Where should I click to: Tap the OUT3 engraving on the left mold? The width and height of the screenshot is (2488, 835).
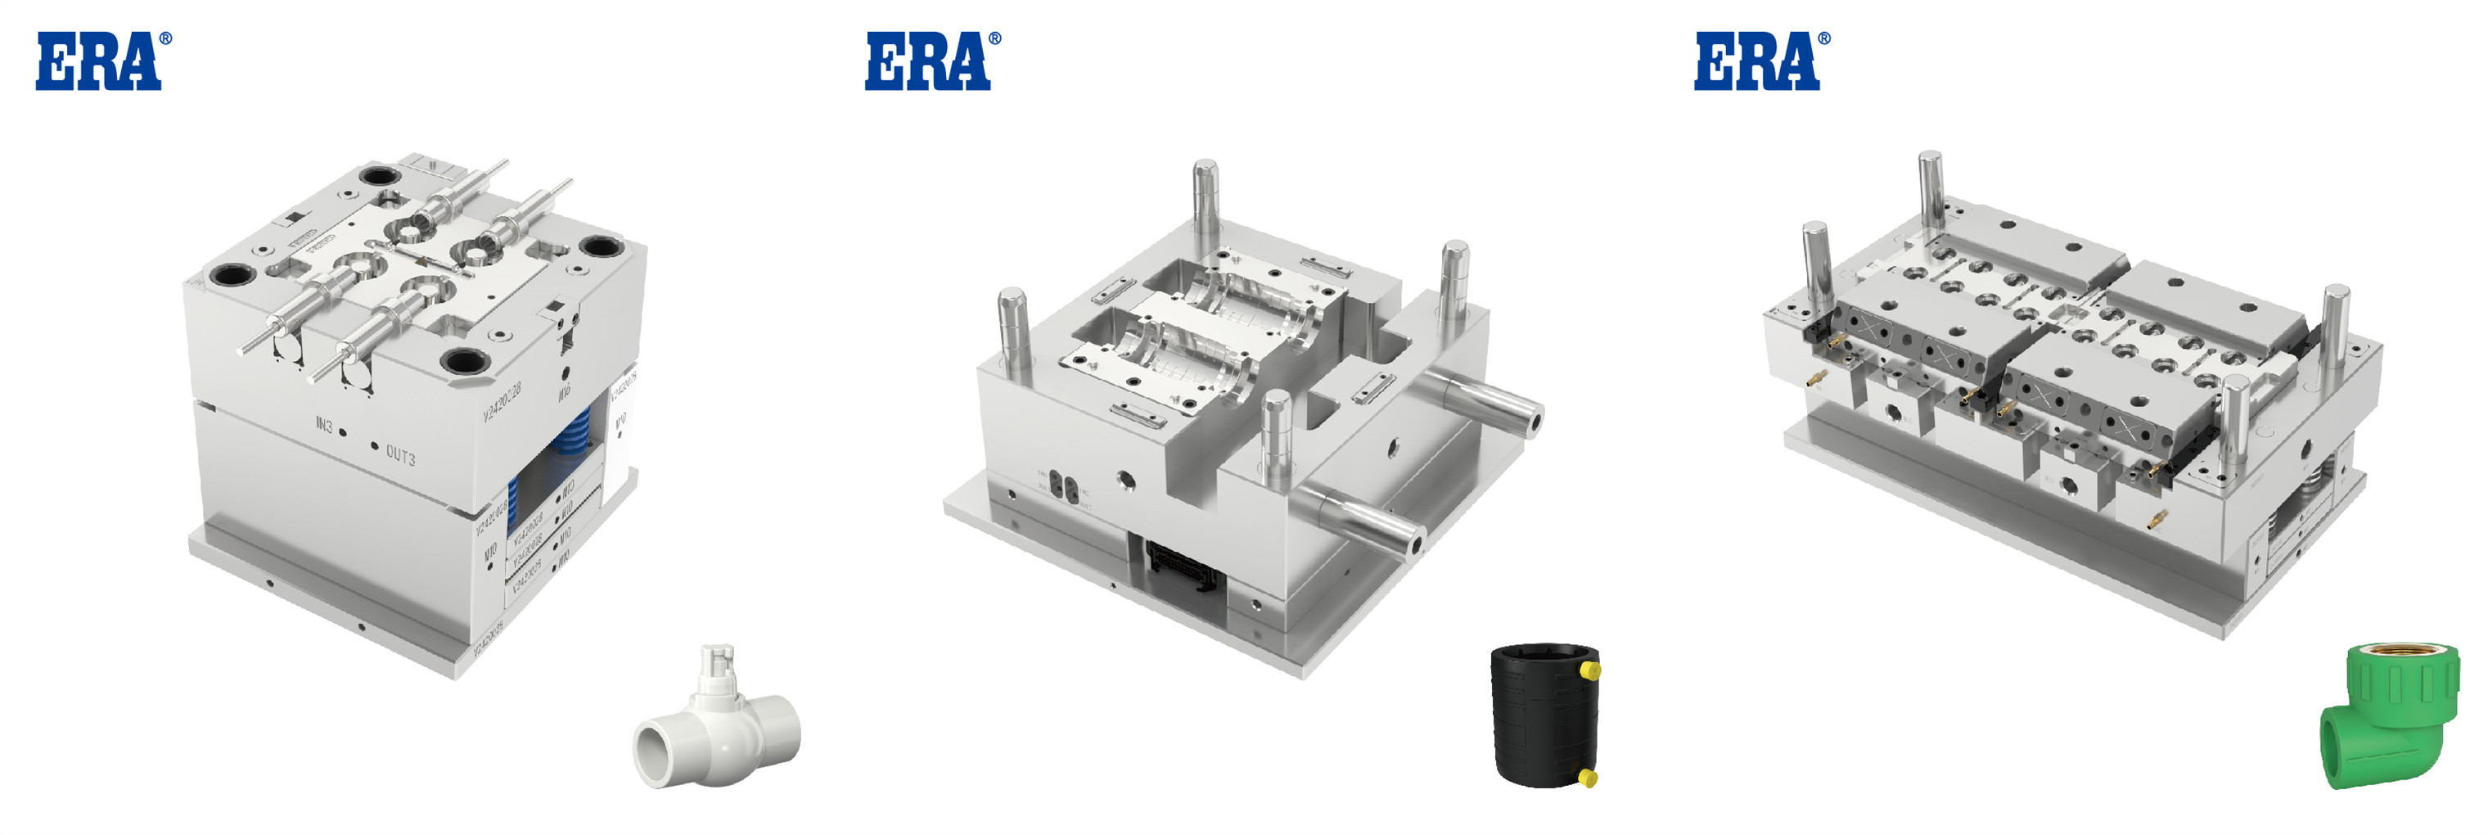(400, 454)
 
